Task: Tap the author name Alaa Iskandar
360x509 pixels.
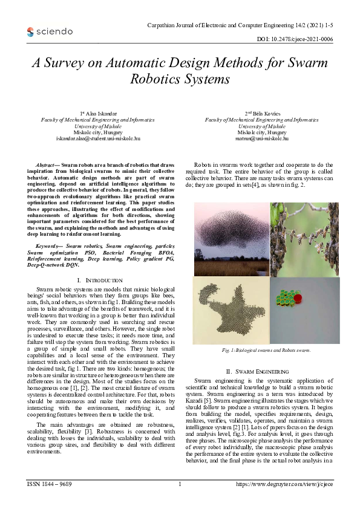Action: [x=99, y=114]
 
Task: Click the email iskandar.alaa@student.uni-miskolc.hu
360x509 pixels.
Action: [x=98, y=138]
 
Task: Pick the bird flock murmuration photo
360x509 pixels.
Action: [x=231, y=239]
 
